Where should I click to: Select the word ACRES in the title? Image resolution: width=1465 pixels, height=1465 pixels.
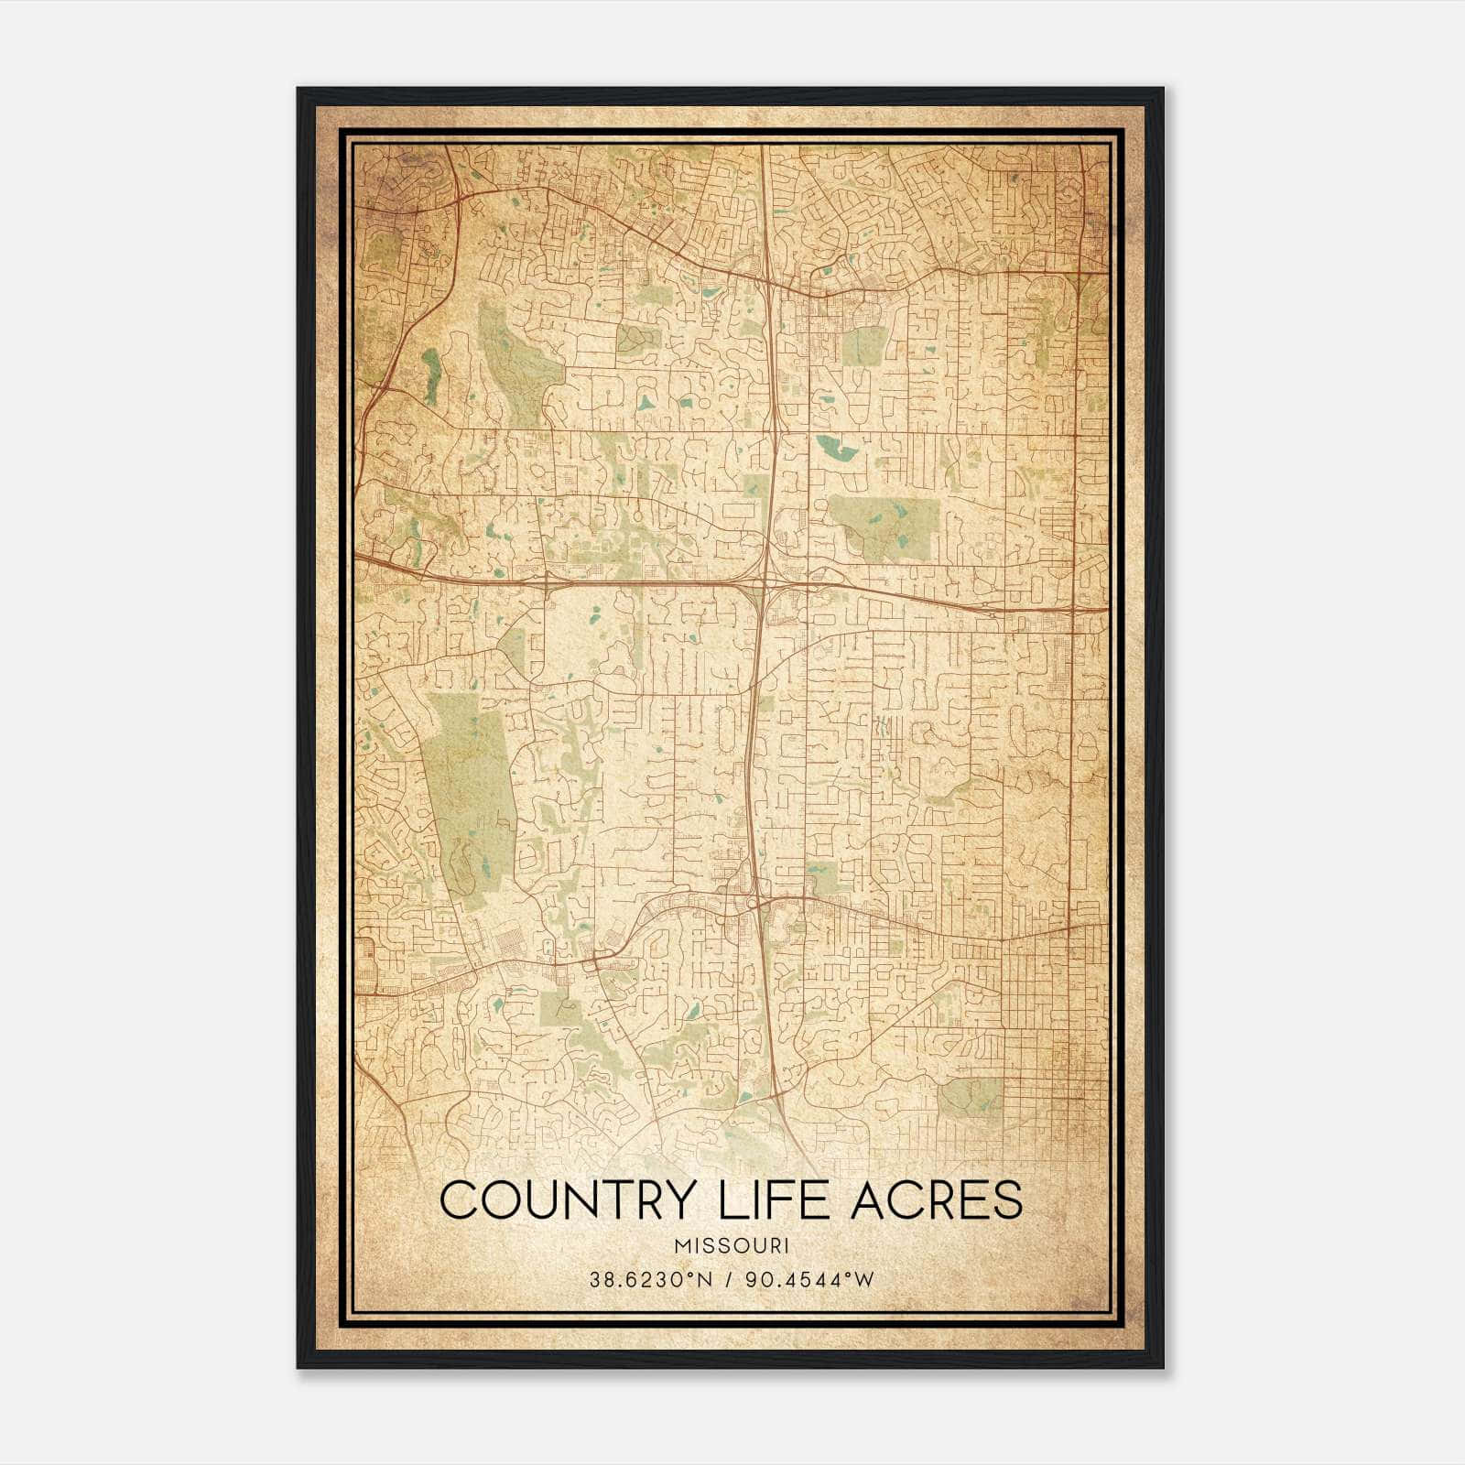pos(937,1200)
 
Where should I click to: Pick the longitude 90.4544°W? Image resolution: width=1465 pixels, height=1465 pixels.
pos(810,1279)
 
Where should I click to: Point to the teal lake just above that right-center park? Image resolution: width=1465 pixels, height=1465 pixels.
pos(836,449)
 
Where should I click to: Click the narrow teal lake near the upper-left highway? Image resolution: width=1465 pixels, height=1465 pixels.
pos(430,375)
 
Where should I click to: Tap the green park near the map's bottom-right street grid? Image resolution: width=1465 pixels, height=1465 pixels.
pos(971,1097)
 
